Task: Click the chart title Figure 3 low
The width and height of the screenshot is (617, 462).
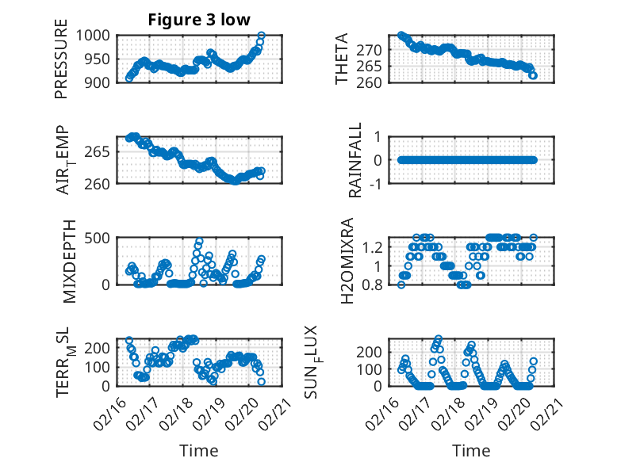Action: (199, 20)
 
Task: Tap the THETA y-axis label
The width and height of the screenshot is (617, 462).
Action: (342, 59)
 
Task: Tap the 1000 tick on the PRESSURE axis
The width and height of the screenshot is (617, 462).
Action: (96, 36)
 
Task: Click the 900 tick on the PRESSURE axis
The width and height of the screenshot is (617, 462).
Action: (100, 82)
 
